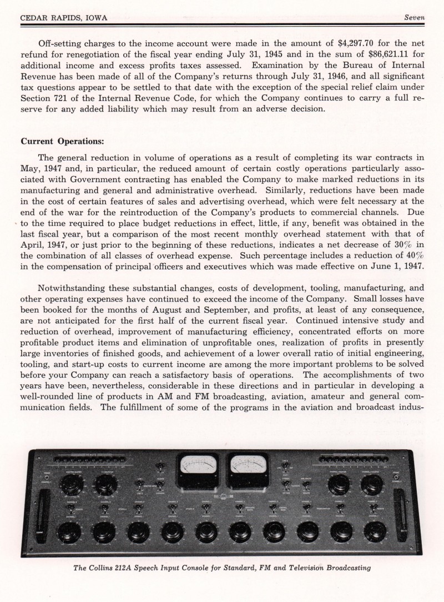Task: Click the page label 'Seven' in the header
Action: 413,17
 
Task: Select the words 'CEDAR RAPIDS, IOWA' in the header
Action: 64,18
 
